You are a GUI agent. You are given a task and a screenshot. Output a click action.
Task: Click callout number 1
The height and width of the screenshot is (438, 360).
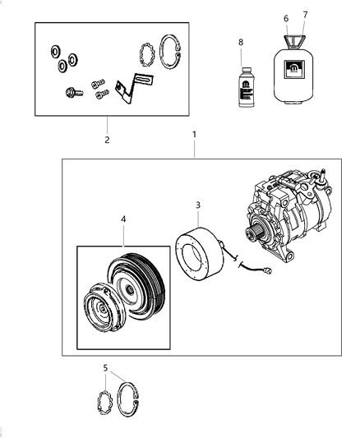(194, 132)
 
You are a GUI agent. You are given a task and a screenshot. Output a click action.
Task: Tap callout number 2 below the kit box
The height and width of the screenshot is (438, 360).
(107, 140)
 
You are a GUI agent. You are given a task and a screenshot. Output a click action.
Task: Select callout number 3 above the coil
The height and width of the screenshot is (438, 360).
(197, 205)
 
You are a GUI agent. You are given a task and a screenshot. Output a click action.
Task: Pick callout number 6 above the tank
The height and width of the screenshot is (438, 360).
(286, 17)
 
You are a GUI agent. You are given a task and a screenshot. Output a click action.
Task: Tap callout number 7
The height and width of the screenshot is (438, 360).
(305, 15)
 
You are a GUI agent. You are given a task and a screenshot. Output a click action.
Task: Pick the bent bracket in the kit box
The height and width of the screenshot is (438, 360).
(127, 88)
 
